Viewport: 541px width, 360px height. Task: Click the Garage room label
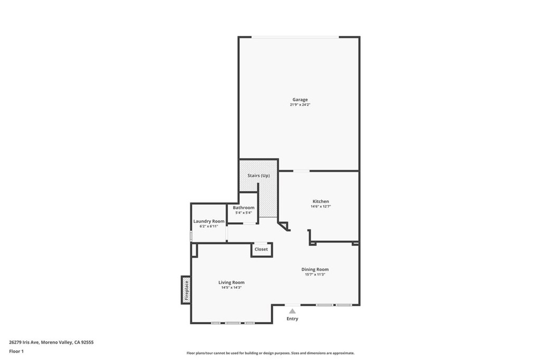[300, 99]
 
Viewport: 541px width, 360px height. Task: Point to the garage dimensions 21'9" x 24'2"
[300, 105]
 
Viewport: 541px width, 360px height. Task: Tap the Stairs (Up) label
[259, 175]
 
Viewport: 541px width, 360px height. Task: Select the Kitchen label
[321, 201]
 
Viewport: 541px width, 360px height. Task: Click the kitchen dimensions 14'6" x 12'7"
[321, 207]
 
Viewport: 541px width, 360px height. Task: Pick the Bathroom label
[244, 207]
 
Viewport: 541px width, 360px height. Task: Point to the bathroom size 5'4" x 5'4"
[244, 213]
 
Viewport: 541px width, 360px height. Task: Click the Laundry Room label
[209, 221]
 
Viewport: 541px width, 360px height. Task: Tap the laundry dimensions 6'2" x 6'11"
[209, 226]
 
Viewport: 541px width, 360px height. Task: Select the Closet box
[261, 249]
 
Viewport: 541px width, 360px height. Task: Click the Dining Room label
[315, 269]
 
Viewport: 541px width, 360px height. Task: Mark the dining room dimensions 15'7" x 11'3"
[315, 274]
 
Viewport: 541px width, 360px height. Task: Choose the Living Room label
[231, 282]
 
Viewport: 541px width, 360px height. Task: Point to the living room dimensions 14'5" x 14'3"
[231, 288]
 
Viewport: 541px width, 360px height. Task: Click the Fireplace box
[186, 290]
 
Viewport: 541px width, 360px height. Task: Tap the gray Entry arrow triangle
[292, 311]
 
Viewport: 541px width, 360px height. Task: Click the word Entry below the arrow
[292, 319]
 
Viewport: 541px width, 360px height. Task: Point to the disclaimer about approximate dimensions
[270, 353]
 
